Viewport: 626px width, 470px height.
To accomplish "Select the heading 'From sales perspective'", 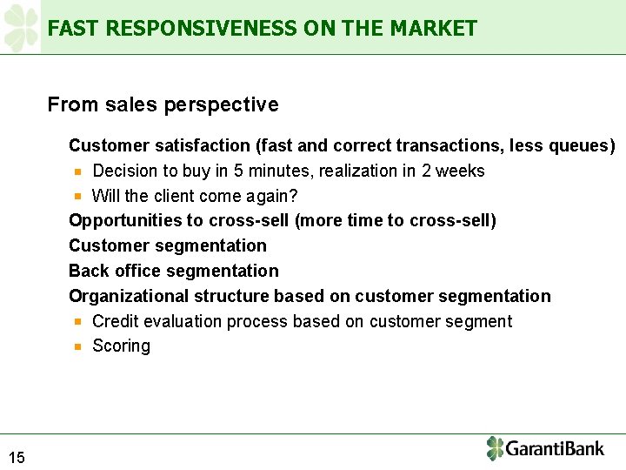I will [163, 105].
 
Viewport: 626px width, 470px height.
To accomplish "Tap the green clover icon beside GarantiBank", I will [495, 448].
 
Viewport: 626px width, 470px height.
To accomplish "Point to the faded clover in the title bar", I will [22, 27].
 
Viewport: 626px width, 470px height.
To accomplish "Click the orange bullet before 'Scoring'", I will [77, 346].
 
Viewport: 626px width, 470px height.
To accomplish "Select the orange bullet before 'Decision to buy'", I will [77, 171].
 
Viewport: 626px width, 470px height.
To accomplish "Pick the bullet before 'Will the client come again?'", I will [77, 197].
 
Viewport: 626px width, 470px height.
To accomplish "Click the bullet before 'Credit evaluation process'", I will [77, 321].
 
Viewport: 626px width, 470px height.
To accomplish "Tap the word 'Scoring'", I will [121, 346].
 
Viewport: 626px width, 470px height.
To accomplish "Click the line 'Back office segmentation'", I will [174, 271].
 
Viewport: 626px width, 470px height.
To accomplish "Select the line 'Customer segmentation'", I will [168, 246].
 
